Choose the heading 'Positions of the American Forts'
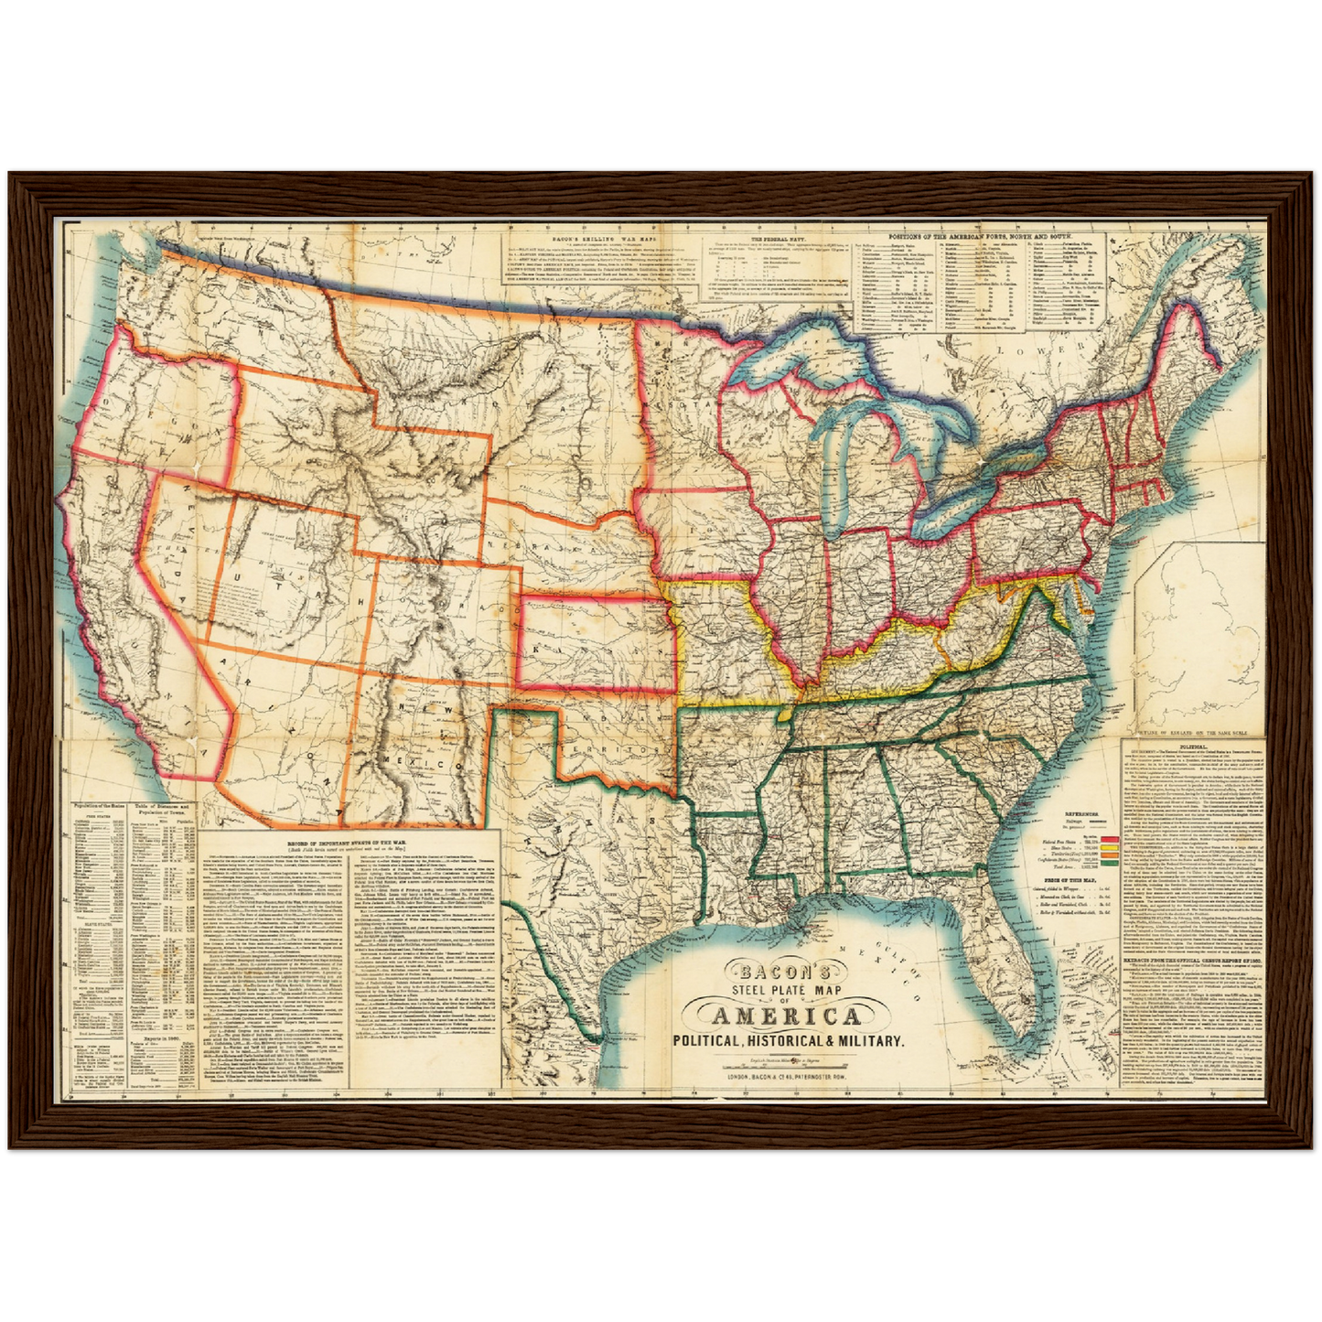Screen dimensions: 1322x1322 click(x=982, y=235)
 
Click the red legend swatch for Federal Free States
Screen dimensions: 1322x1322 click(x=1110, y=837)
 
